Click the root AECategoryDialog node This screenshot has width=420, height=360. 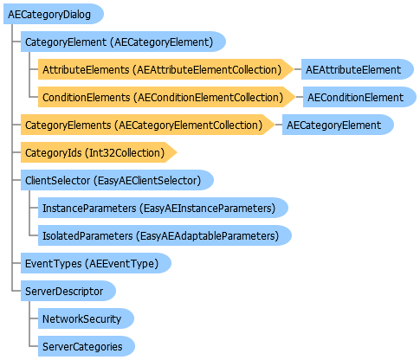(54, 14)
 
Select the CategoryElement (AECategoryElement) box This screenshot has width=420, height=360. (123, 42)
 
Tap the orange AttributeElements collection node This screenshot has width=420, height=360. (165, 69)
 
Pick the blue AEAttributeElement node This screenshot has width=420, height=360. (358, 69)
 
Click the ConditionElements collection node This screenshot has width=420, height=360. (166, 97)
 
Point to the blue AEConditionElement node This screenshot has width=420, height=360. (359, 97)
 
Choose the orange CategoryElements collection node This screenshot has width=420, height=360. (147, 125)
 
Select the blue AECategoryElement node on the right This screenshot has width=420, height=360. (338, 125)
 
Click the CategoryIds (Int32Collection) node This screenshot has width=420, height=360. (99, 152)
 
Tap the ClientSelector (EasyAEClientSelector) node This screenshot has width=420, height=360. (117, 180)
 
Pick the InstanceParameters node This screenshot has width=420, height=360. (163, 208)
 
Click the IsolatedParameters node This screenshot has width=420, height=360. (165, 235)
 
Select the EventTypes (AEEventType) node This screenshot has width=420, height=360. (96, 263)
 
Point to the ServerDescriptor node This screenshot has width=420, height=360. (68, 291)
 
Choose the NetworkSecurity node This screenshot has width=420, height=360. (86, 318)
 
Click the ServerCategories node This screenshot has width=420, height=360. (87, 346)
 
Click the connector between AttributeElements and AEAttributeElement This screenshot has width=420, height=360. (298, 69)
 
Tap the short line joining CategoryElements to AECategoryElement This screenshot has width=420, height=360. (279, 125)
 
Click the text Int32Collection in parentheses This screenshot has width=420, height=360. (125, 152)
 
